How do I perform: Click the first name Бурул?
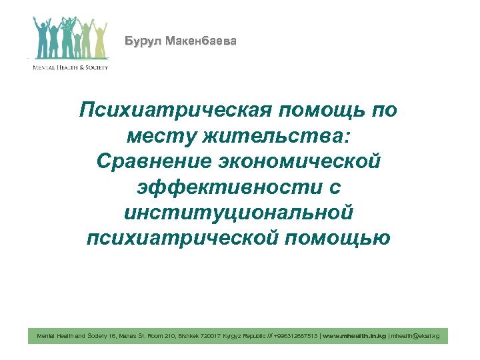143,42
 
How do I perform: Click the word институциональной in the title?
239,213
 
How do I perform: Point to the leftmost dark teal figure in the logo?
39,41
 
